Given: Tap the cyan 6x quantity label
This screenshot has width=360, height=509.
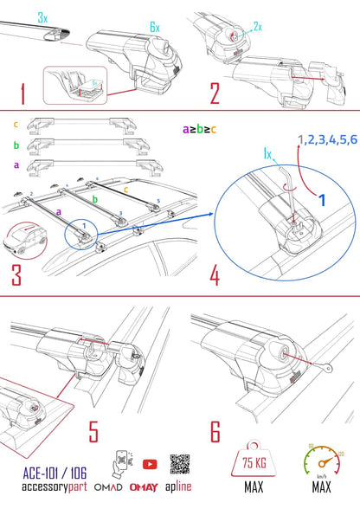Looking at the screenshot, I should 154,28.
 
